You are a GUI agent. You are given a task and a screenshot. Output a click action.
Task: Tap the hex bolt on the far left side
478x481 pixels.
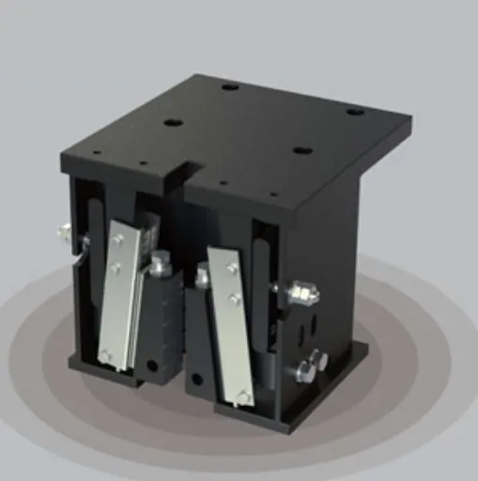pyautogui.click(x=65, y=230)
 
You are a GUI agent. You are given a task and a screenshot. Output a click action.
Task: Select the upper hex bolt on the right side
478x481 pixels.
pyautogui.click(x=302, y=293)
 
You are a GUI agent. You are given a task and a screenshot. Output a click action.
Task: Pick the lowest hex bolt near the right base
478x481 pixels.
pyautogui.click(x=305, y=372)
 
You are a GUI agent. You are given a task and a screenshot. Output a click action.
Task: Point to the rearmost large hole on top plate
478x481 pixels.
pyautogui.click(x=229, y=87)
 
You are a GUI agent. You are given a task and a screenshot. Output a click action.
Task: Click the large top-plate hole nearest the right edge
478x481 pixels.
pyautogui.click(x=354, y=112)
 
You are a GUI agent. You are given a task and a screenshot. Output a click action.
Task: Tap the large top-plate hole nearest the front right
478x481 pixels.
pyautogui.click(x=301, y=149)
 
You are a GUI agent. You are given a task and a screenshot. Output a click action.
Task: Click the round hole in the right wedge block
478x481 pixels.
pyautogui.click(x=196, y=380)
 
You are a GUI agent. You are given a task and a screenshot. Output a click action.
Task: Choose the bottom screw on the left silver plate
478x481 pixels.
pyautogui.click(x=106, y=354)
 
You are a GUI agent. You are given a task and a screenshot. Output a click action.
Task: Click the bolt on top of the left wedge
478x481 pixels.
pyautogui.click(x=162, y=267)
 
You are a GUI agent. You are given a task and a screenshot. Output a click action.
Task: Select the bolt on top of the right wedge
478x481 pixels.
pyautogui.click(x=201, y=278)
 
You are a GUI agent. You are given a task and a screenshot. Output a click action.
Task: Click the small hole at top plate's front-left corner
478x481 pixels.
pyautogui.click(x=96, y=153)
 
